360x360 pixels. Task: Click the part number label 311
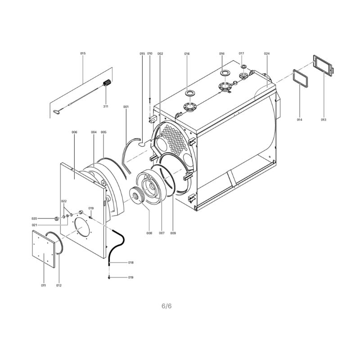(x=106, y=107)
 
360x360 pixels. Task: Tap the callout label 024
(x=266, y=54)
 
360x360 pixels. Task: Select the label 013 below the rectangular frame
(x=324, y=120)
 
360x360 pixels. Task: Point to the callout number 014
(x=300, y=120)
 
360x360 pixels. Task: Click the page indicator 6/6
(x=166, y=306)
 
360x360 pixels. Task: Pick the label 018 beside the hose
(x=131, y=262)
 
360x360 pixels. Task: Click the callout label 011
(x=43, y=285)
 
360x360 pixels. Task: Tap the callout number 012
(x=59, y=285)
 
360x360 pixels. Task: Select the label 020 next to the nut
(x=34, y=219)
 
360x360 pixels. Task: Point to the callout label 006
(x=74, y=132)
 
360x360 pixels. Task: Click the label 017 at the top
(x=241, y=53)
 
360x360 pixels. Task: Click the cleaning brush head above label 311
(x=107, y=82)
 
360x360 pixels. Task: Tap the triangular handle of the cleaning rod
(x=57, y=112)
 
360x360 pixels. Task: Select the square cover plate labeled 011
(x=44, y=249)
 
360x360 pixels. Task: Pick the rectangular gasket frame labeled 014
(x=301, y=79)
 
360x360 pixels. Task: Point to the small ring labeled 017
(x=243, y=67)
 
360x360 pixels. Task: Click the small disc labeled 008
(x=137, y=196)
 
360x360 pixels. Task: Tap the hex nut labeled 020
(x=56, y=218)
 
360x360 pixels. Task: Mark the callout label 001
(x=126, y=107)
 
